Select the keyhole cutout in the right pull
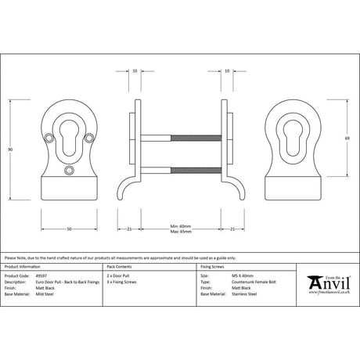tap(297, 131)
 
